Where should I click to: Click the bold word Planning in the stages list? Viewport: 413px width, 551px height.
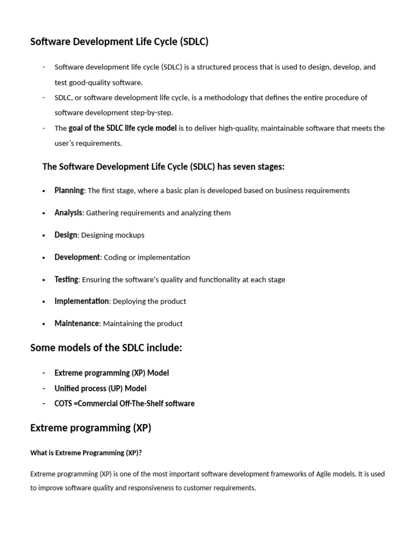point(69,190)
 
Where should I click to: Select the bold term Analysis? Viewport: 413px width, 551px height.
point(68,213)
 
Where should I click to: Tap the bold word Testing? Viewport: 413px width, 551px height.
point(66,279)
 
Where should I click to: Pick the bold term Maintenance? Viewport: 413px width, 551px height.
point(77,323)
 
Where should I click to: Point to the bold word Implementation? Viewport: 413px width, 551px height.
point(81,301)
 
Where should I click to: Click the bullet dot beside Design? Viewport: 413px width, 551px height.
point(44,235)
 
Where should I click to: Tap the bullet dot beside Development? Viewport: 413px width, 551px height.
point(44,258)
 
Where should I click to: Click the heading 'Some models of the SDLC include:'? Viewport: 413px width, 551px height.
point(106,348)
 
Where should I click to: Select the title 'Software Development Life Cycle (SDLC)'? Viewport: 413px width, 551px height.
point(119,41)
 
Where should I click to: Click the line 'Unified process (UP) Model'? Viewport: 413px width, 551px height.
point(100,388)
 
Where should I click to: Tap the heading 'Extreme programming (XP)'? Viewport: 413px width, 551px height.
point(90,428)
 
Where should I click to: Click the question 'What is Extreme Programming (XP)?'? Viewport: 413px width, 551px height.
point(86,453)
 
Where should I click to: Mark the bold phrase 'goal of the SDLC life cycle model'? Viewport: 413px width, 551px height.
point(123,128)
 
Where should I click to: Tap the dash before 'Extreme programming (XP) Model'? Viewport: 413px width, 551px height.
point(44,373)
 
